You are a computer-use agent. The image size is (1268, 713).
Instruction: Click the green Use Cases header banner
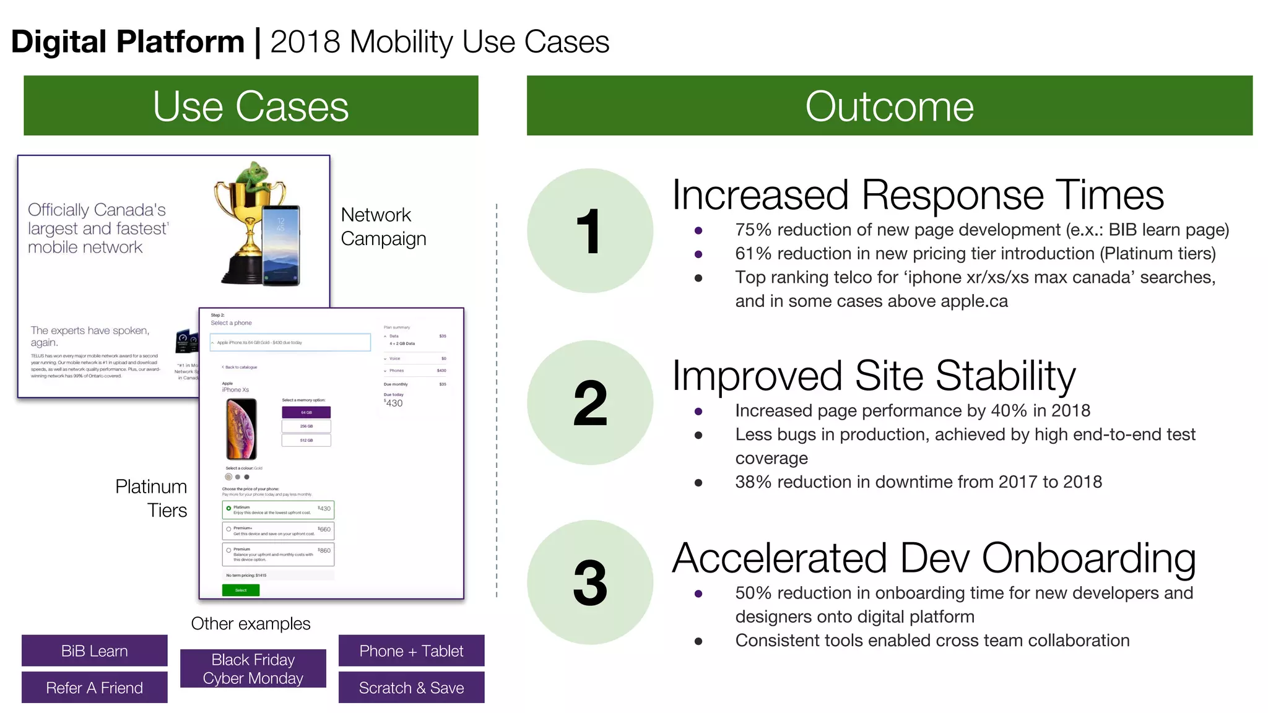[x=251, y=106]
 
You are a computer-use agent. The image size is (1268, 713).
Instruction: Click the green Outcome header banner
[x=889, y=106]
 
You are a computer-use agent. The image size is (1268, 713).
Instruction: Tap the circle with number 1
[x=590, y=231]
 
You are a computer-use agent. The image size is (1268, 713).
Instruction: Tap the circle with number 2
[x=590, y=403]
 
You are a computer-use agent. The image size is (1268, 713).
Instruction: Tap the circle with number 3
[x=590, y=582]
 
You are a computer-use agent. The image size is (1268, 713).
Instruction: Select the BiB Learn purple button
[x=95, y=650]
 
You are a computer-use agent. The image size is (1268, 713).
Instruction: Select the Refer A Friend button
[x=95, y=688]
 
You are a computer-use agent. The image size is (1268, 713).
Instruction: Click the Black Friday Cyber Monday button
[x=253, y=668]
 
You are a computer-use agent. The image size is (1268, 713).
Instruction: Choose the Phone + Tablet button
[x=411, y=650]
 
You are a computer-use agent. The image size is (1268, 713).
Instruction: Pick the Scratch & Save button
[x=411, y=688]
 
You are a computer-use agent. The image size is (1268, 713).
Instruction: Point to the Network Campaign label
[x=383, y=227]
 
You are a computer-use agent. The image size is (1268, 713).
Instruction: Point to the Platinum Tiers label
[x=152, y=498]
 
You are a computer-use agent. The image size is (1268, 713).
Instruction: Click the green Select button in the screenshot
[x=241, y=590]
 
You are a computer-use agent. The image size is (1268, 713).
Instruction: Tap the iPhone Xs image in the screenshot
[x=241, y=428]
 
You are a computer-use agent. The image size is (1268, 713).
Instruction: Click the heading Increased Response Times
[x=918, y=195]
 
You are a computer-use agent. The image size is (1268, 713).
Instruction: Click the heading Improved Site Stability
[x=874, y=376]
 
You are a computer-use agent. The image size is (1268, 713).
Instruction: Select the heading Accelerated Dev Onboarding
[x=934, y=558]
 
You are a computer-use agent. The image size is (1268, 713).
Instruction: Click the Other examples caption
[x=251, y=623]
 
